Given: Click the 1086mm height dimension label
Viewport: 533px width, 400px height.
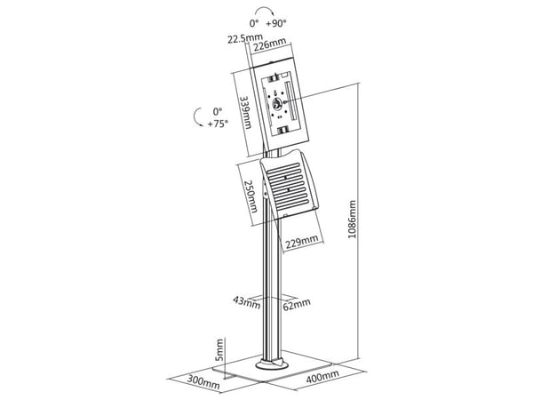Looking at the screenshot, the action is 353,220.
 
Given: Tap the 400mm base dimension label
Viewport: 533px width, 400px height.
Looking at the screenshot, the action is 322,376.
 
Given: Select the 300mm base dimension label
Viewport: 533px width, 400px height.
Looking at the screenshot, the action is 203,382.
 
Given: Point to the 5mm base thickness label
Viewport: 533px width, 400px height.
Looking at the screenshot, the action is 220,349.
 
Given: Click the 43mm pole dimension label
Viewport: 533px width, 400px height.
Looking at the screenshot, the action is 247,302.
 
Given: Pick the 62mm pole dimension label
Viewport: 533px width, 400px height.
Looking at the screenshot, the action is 297,304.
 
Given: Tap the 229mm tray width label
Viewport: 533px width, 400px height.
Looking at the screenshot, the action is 302,242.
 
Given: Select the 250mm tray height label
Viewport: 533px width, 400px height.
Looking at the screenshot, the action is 251,196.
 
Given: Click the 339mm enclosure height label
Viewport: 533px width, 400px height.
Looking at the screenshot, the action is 246,112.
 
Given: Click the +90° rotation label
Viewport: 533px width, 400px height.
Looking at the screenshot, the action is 276,23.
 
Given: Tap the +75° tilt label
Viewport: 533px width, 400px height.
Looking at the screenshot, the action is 218,124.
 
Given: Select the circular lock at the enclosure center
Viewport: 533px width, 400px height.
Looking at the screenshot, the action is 276,103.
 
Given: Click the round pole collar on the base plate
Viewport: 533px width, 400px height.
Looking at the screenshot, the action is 272,364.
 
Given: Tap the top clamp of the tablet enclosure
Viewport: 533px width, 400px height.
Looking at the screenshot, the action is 274,78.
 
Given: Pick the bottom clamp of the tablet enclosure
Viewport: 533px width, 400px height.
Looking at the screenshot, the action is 283,130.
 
